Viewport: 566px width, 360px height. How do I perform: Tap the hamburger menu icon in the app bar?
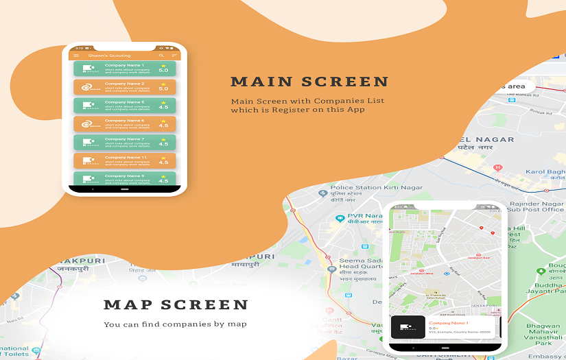(76, 55)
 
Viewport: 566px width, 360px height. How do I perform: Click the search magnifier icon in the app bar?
(161, 55)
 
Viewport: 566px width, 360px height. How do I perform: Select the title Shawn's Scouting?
(105, 55)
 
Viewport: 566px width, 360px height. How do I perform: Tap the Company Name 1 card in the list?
(124, 68)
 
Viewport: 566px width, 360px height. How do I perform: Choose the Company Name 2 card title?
(124, 84)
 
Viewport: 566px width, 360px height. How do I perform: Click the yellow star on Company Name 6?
(163, 121)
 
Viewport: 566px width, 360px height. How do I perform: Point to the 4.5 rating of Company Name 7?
(163, 144)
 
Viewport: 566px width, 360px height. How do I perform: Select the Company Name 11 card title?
(126, 158)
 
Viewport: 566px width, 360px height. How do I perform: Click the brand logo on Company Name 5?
(88, 106)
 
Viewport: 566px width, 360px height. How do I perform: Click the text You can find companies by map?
(175, 324)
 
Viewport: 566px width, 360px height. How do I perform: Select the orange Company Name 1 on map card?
(448, 322)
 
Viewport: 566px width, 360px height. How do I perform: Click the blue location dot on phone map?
(446, 274)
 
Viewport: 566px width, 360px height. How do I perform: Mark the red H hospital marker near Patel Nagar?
(498, 167)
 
